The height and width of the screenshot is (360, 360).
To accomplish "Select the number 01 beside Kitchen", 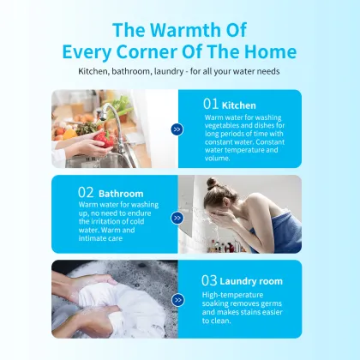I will pyautogui.click(x=211, y=104).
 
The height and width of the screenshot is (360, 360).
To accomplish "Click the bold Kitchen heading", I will pyautogui.click(x=239, y=105).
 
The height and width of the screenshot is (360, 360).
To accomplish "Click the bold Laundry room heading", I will pyautogui.click(x=251, y=281).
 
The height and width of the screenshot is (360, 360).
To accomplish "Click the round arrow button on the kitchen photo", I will pyautogui.click(x=177, y=129).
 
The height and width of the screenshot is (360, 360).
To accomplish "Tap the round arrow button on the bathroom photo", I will pyautogui.click(x=177, y=218).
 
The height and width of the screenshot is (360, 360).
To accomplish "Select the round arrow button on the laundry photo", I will pyautogui.click(x=177, y=300).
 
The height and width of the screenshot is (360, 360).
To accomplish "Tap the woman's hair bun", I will pyautogui.click(x=213, y=183).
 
